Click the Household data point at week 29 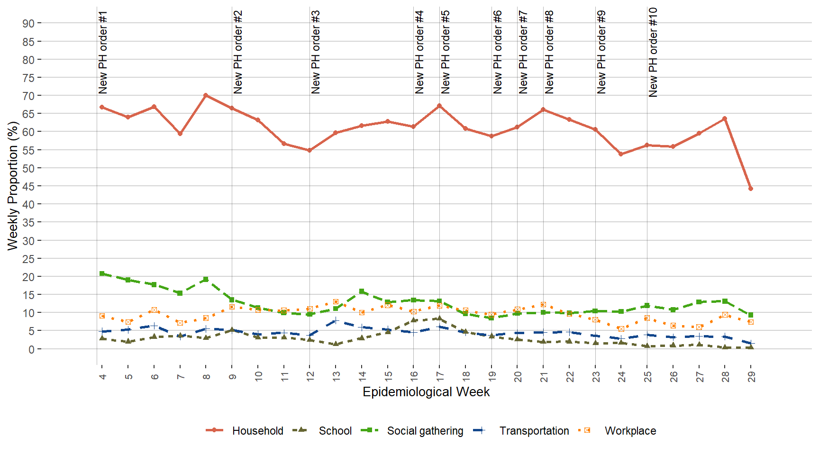(x=750, y=189)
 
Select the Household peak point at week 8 (x=206, y=95)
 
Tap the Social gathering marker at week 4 (x=102, y=273)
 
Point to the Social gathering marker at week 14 (x=362, y=291)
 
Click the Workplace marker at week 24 (x=621, y=329)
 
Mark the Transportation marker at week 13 (x=336, y=321)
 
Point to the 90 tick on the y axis (x=28, y=24)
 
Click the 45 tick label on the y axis (x=28, y=187)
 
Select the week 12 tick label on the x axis (x=310, y=376)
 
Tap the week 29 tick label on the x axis (x=751, y=376)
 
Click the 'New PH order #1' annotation (x=103, y=52)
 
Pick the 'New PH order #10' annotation (x=653, y=52)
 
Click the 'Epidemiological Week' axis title (x=426, y=392)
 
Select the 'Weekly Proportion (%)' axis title (x=13, y=186)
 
